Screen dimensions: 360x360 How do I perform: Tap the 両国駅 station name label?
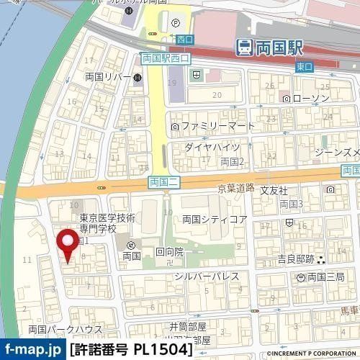pos(282,48)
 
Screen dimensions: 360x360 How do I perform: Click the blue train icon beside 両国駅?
pos(245,48)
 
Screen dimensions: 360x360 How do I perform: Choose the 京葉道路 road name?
pos(236,188)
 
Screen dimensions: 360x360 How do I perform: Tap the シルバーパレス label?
pos(201,276)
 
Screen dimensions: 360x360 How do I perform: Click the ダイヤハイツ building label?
pos(207,147)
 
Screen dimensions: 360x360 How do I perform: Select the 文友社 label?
pos(274,191)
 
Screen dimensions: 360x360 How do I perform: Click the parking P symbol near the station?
pos(175,22)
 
